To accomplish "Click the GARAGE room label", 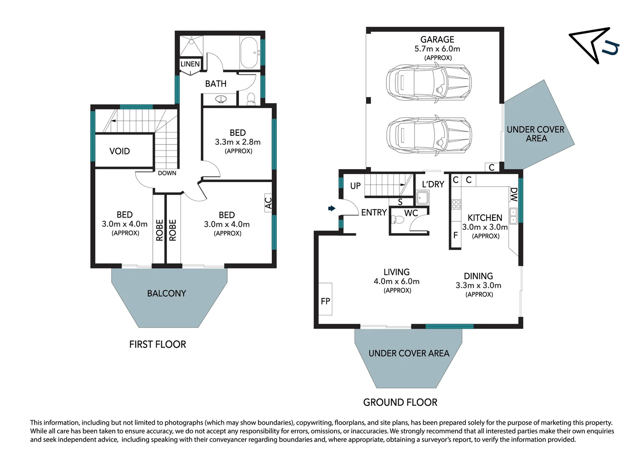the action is click(437, 39).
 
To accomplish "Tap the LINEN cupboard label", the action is click(190, 64).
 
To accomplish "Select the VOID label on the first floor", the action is click(120, 151).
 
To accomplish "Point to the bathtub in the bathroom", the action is click(249, 52).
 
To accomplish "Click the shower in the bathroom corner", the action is click(191, 46).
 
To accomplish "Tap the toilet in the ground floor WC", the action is click(398, 220).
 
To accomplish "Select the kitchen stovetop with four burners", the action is click(456, 204).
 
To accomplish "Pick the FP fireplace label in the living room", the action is click(326, 301).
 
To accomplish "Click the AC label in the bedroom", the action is click(268, 203).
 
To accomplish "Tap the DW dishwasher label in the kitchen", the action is click(514, 195).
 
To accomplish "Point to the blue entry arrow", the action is click(332, 208).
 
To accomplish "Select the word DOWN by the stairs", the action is click(167, 173).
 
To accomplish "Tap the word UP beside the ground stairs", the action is click(355, 186).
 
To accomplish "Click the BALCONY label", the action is click(167, 294).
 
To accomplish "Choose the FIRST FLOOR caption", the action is click(157, 344).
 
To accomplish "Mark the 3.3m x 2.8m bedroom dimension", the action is click(238, 142).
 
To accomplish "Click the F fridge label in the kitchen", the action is click(455, 235).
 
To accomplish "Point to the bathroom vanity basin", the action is click(221, 99).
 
